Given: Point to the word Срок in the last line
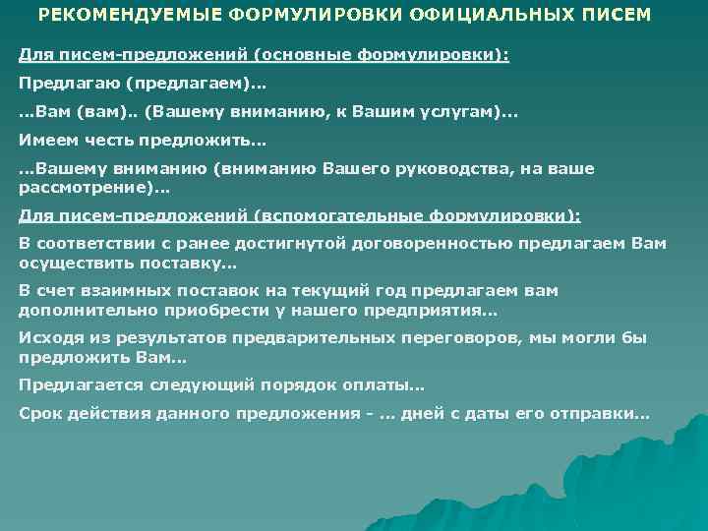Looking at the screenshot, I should point(39,413).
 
